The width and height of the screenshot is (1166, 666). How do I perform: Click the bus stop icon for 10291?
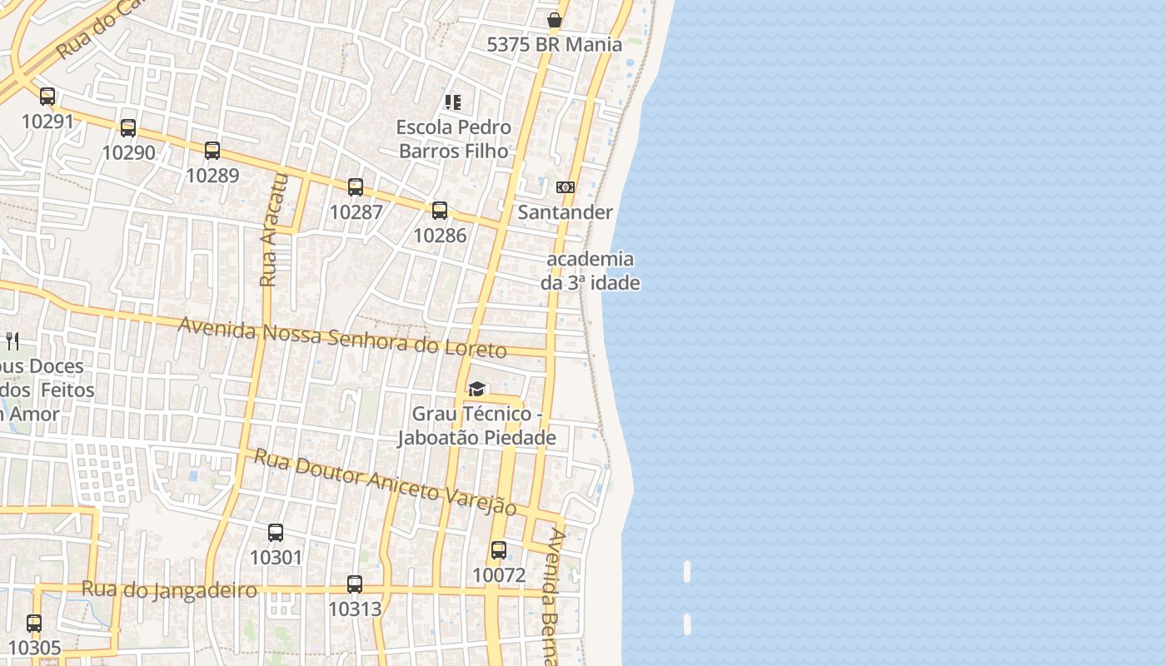pos(47,97)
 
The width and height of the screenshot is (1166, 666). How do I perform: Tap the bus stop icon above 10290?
pos(128,128)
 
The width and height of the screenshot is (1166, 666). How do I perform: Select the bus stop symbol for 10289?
pos(212,151)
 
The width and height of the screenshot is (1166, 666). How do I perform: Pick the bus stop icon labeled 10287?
pos(356,187)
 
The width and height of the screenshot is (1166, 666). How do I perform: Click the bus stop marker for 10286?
pos(440,211)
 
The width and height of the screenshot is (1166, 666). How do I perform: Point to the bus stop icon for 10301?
pos(276,533)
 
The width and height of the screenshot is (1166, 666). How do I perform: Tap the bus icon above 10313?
pos(355,584)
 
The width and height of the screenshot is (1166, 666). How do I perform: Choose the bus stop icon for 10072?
pos(499,550)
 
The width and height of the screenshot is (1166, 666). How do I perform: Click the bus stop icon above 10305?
pos(34,624)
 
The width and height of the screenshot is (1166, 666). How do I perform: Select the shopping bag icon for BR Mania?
pos(555,20)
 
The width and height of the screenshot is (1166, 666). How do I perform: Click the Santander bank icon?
pos(566,187)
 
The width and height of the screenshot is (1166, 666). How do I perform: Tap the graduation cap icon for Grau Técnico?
pos(476,389)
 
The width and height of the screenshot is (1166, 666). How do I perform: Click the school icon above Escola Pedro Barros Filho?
pos(453,102)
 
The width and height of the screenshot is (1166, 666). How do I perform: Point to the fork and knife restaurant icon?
pos(12,340)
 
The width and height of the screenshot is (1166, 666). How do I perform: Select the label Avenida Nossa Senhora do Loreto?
pos(342,337)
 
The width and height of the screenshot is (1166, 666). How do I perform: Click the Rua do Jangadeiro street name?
pos(169,590)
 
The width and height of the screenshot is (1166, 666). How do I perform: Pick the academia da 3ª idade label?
pos(590,271)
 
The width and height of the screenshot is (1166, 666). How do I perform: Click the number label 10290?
pos(128,152)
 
